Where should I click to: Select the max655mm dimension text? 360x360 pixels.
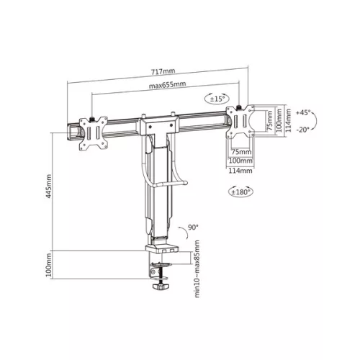coord(168,85)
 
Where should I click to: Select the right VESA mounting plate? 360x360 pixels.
coord(242,122)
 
